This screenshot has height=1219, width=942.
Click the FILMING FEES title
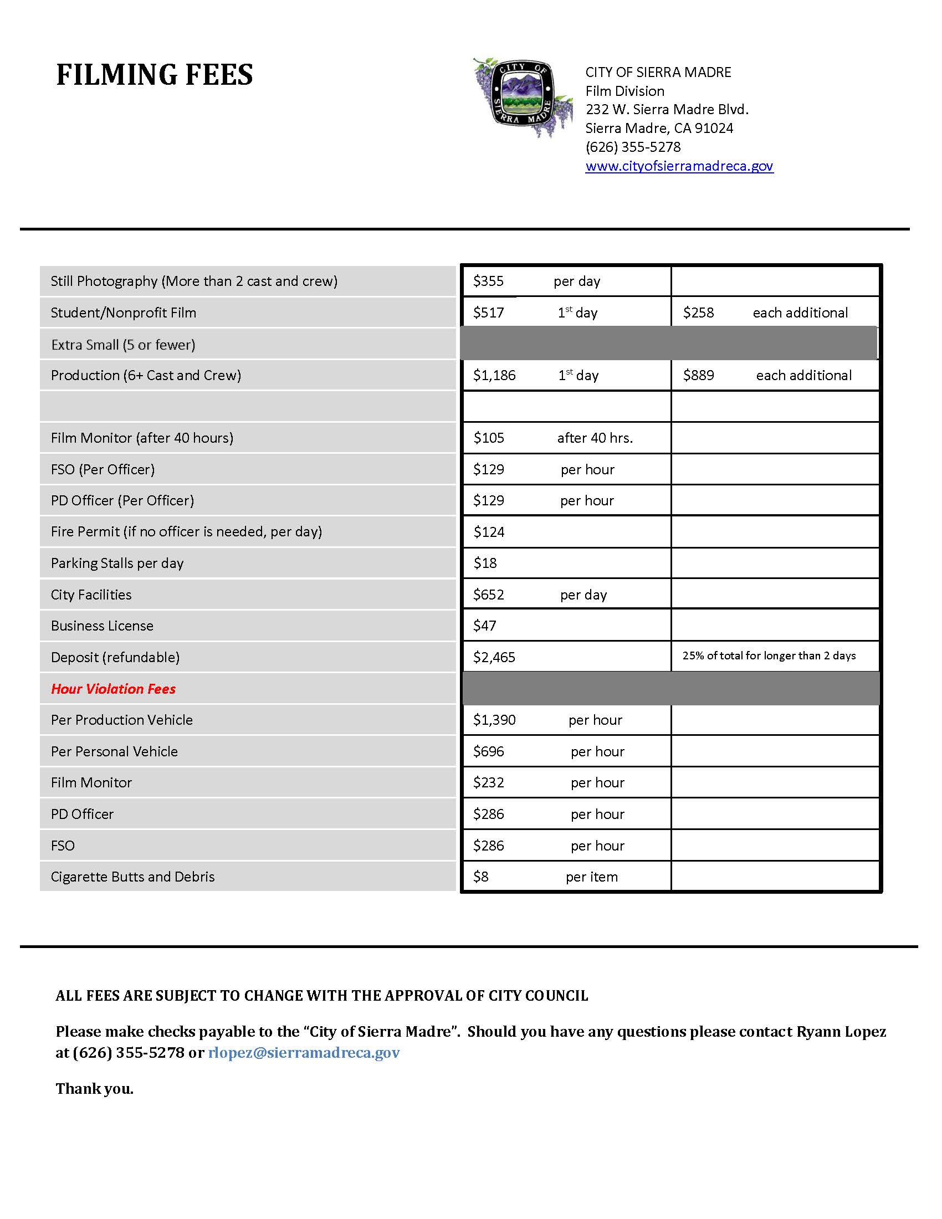tap(155, 75)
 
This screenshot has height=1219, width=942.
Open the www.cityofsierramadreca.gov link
tap(679, 166)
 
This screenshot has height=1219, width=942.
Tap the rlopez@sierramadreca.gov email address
tap(304, 1053)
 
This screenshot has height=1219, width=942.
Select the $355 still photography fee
tap(488, 281)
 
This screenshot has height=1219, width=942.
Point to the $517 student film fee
tap(488, 313)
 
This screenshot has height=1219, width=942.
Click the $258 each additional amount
tap(698, 313)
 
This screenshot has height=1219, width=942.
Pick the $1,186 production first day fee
tap(494, 375)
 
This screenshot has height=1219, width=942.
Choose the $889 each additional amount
tap(698, 375)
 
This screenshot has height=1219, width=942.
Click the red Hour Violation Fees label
tap(113, 689)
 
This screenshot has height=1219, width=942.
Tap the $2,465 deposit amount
tap(494, 658)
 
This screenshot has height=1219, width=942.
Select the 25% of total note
tap(769, 656)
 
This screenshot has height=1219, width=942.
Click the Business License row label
tap(102, 626)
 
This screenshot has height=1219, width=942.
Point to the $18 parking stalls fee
tap(485, 563)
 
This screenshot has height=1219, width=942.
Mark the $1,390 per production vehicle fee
tap(494, 720)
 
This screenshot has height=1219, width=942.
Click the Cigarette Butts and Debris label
tap(133, 877)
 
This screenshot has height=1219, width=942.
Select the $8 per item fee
tap(480, 877)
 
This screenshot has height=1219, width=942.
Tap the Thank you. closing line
tap(95, 1089)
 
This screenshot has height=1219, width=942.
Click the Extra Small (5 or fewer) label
tap(124, 345)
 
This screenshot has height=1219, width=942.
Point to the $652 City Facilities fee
tap(488, 595)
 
